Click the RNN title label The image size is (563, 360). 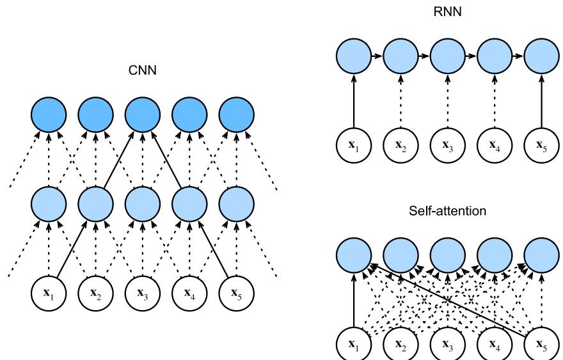(x=447, y=11)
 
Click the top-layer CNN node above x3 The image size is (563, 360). (x=142, y=115)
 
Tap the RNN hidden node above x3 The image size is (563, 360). (x=447, y=56)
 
